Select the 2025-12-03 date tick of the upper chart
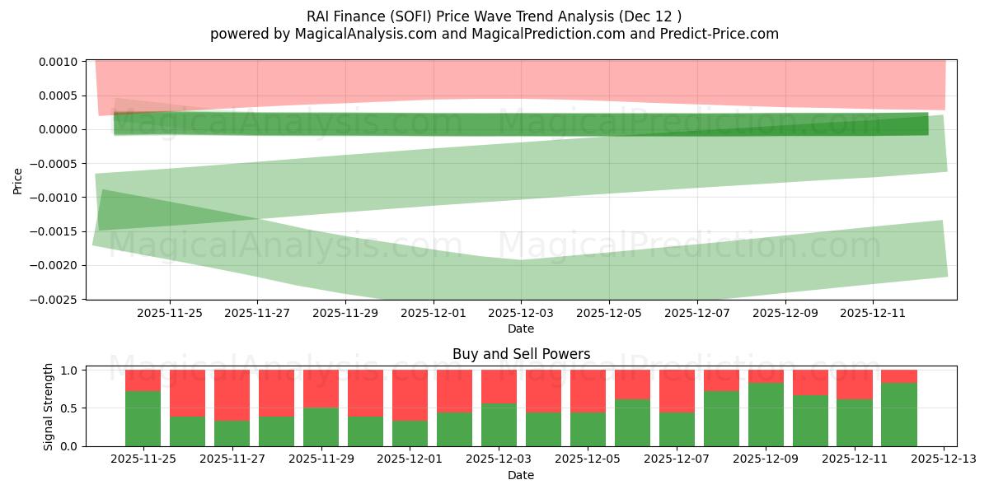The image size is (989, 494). click(x=521, y=313)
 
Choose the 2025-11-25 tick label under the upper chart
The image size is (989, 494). click(x=169, y=313)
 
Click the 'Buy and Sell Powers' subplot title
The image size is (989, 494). click(x=521, y=355)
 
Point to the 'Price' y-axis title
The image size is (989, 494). click(x=18, y=180)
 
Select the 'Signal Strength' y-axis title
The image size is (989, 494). click(x=49, y=406)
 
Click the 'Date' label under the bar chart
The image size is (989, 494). click(x=520, y=475)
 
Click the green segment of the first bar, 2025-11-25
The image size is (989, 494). click(x=143, y=418)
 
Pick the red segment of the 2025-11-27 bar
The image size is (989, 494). click(x=232, y=395)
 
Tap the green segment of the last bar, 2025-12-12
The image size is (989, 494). click(x=898, y=414)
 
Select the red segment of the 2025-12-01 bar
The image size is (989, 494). click(x=410, y=395)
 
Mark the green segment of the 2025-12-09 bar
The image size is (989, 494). click(x=766, y=414)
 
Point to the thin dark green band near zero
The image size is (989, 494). click(x=521, y=123)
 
